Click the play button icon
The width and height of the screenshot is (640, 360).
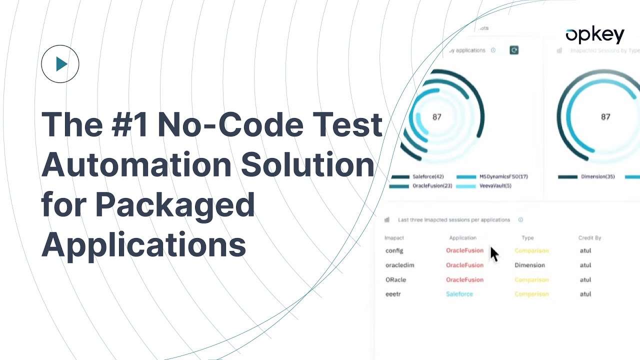60,64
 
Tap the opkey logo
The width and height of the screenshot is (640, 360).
594,35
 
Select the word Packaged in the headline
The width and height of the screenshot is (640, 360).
174,205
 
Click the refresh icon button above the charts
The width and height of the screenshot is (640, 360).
514,50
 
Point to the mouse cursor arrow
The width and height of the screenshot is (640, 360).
493,253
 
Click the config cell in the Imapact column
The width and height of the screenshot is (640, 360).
394,250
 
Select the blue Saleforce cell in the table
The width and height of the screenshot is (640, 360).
459,294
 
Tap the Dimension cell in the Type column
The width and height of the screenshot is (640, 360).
529,265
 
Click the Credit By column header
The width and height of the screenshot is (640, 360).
589,238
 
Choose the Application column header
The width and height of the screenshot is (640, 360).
462,238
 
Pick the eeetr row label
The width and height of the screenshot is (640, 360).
393,294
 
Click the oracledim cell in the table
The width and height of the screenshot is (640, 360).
399,265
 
